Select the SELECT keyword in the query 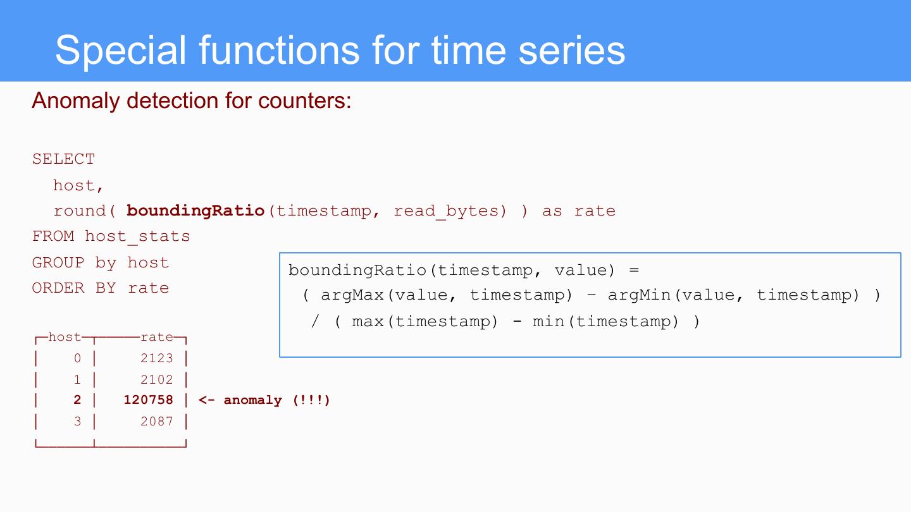[x=63, y=159]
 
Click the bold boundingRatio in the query [x=195, y=210]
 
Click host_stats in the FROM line [x=137, y=236]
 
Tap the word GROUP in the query [x=58, y=262]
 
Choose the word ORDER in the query [x=58, y=288]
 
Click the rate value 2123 [x=156, y=358]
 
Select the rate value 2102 [x=156, y=380]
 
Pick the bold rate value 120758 [x=149, y=400]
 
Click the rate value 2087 [x=156, y=422]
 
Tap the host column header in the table [x=65, y=337]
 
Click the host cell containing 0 [x=77, y=358]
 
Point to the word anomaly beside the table [x=253, y=400]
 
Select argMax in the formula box [x=352, y=295]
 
